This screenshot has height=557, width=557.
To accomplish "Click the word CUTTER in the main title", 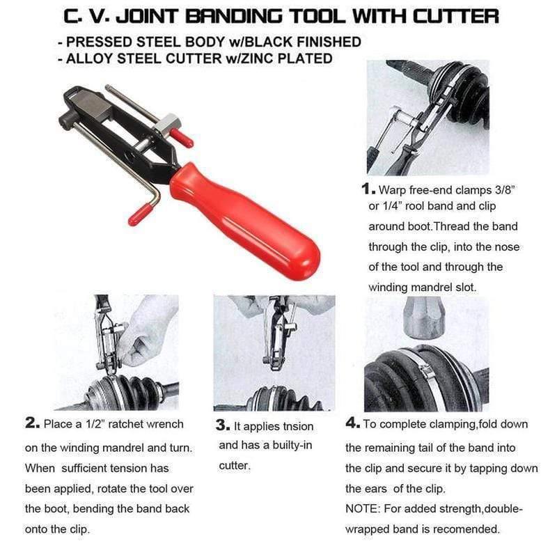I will (454, 16).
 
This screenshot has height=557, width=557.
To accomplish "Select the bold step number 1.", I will (367, 189).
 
